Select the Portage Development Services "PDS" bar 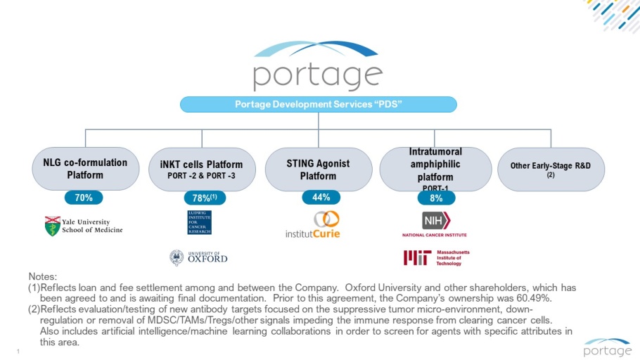click(318, 105)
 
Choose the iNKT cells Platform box click(201, 169)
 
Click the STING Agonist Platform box click(318, 169)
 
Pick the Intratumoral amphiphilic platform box click(435, 169)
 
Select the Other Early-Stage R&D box click(551, 169)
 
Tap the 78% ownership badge click(204, 198)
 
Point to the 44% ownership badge click(321, 198)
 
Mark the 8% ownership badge click(436, 198)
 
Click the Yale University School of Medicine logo click(83, 226)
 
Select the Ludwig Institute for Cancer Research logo click(199, 222)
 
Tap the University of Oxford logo click(199, 257)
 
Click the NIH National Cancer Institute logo click(435, 225)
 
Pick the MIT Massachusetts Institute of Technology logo click(436, 258)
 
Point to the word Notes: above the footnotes click(42, 278)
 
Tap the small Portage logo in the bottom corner click(607, 347)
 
